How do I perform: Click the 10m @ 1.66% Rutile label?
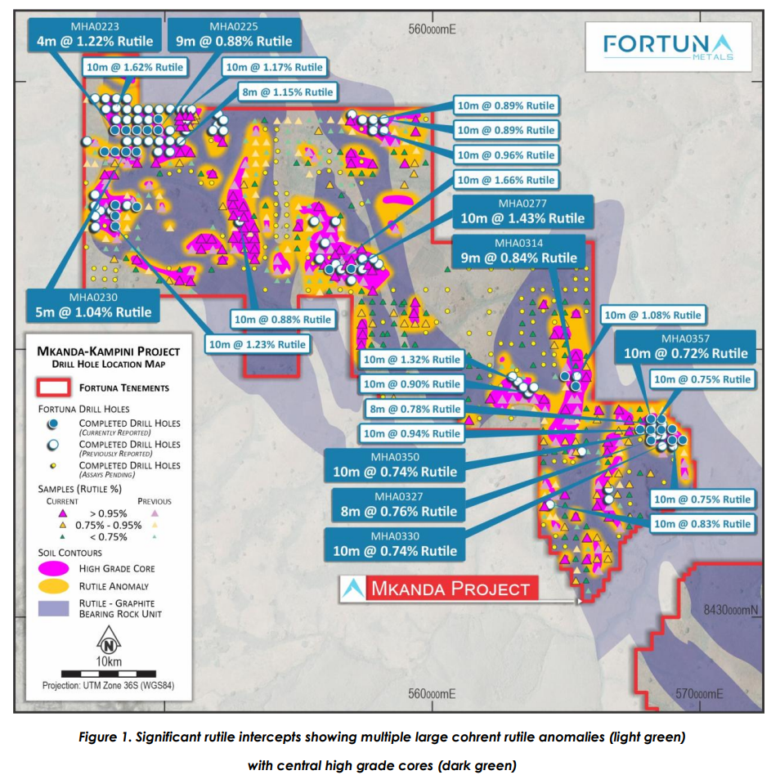coord(506,180)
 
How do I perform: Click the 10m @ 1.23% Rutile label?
coord(257,344)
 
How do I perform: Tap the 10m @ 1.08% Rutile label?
coord(652,315)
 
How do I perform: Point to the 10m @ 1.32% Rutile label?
coord(412,360)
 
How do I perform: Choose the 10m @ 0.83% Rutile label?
coord(702,524)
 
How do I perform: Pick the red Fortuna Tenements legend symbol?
coord(52,387)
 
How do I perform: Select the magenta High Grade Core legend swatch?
coord(52,567)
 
